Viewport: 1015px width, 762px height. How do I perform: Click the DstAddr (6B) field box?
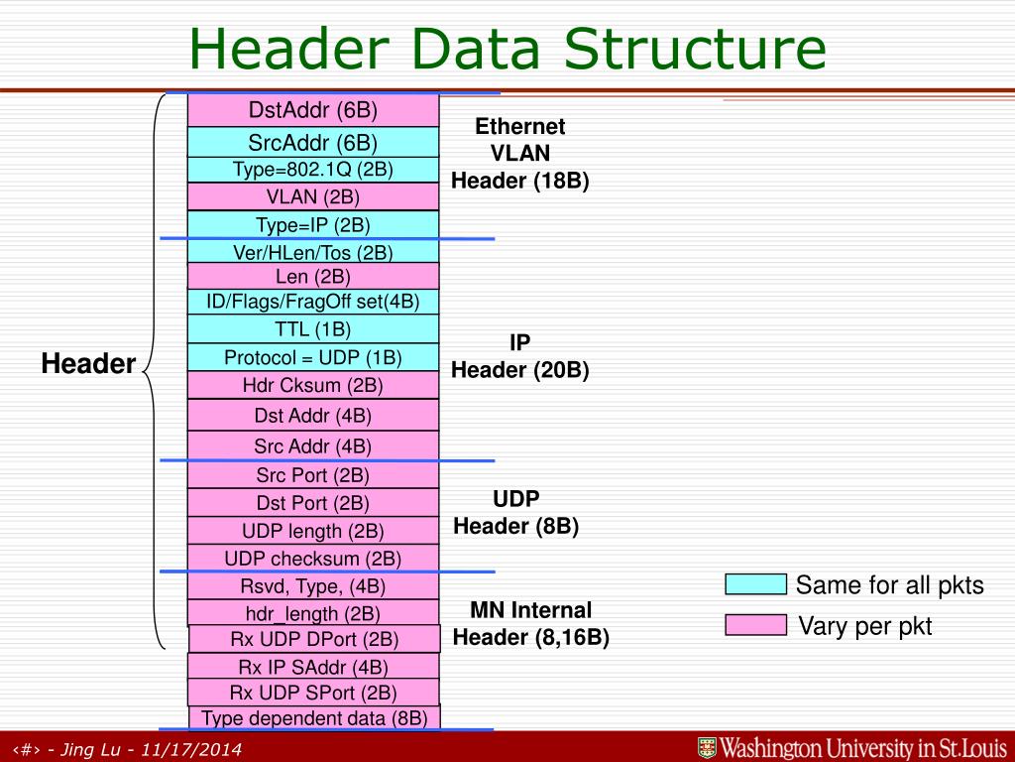(313, 109)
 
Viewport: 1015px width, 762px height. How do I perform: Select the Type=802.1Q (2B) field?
(313, 170)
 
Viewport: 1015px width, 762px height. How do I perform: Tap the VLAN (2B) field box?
(313, 196)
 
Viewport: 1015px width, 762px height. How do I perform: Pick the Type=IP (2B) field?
(313, 224)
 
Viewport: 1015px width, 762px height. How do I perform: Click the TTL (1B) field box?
(313, 329)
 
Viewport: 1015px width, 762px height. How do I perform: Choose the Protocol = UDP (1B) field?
(313, 357)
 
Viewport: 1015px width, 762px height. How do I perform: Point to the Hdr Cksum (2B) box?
(313, 385)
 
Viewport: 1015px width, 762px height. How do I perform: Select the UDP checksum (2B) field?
(313, 559)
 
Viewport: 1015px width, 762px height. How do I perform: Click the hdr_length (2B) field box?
(313, 613)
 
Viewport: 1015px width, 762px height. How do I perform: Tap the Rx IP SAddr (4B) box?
(313, 667)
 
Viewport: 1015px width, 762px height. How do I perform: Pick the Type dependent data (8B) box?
(314, 717)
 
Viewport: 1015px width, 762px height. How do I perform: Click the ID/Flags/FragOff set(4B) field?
(313, 302)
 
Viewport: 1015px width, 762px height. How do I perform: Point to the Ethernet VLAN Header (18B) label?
(520, 154)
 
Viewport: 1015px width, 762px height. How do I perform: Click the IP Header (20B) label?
(520, 356)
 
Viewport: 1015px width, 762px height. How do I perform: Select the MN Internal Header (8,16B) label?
(530, 623)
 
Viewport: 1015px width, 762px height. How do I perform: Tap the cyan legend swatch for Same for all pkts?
(755, 584)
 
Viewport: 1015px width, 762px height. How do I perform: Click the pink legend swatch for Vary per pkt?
(755, 625)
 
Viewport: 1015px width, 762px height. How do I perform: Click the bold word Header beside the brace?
(88, 364)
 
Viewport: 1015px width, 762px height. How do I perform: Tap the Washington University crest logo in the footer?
(707, 747)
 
